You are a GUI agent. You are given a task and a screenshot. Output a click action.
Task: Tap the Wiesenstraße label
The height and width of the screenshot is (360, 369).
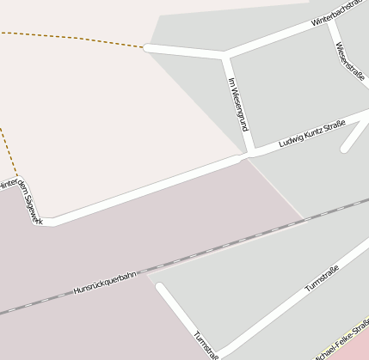coord(351,60)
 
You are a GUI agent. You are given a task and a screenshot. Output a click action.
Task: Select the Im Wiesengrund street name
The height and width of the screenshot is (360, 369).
coord(238,104)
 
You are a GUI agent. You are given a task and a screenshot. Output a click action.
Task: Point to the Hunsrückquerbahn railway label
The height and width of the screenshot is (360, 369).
coord(105,281)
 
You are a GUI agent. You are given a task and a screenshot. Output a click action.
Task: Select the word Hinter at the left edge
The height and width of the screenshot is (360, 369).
coord(7,184)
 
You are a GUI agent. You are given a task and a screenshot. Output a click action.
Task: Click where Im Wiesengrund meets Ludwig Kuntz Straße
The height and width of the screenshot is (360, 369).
coord(248,155)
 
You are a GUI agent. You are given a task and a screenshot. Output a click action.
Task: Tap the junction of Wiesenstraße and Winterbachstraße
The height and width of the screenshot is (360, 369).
coord(329,25)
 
